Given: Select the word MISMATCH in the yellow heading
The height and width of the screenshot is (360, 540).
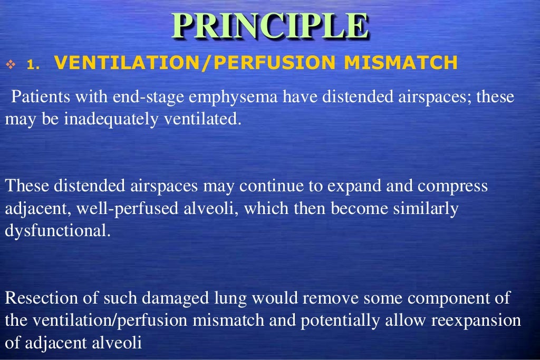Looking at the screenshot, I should (400, 63).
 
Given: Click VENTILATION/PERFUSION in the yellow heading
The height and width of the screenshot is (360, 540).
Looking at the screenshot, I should (195, 63).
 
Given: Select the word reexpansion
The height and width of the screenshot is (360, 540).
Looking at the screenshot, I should (476, 321).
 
